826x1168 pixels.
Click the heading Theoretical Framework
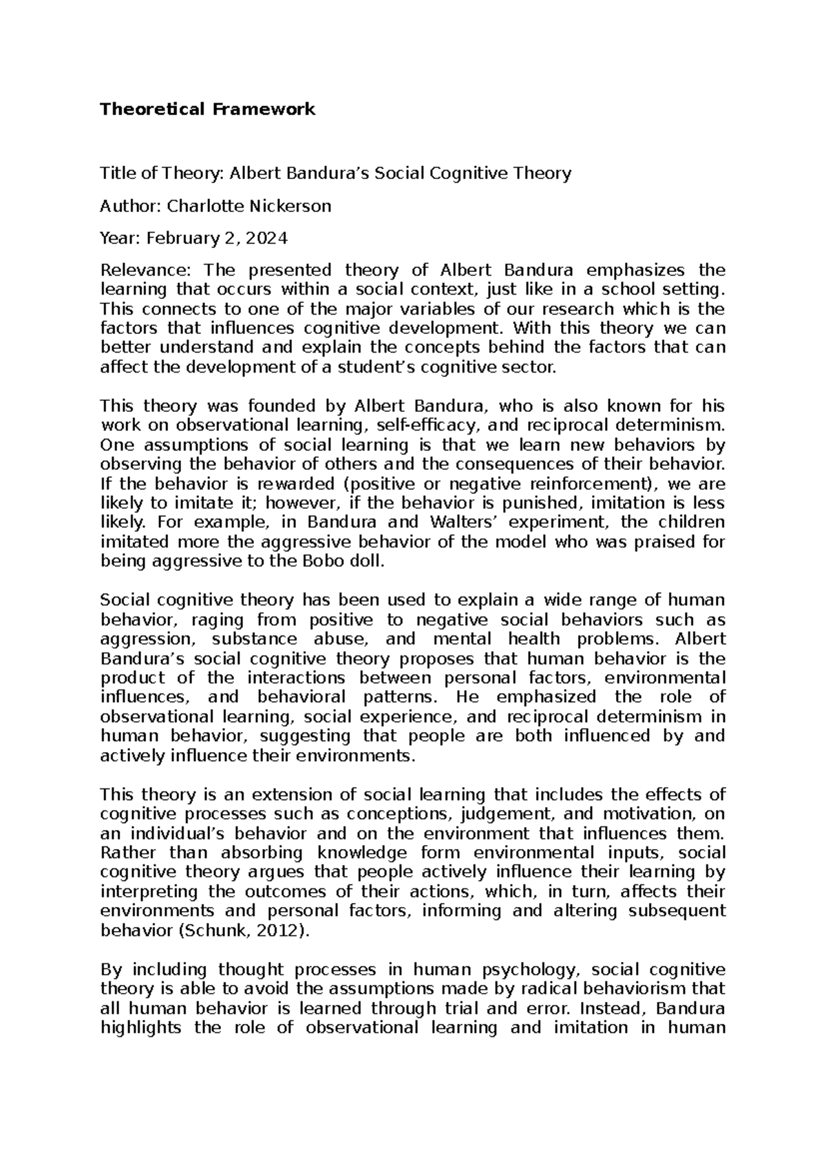point(207,109)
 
